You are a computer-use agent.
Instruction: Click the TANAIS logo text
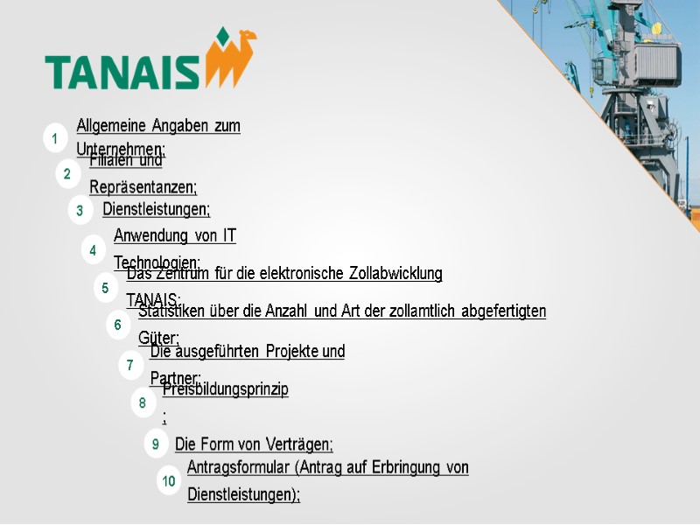click(122, 72)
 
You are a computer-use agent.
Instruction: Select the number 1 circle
click(54, 138)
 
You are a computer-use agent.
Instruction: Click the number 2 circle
click(66, 174)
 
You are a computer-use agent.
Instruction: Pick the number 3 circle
click(80, 210)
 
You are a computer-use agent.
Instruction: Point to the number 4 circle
click(93, 250)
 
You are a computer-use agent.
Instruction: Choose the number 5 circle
click(105, 288)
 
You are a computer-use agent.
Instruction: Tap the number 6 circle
click(117, 325)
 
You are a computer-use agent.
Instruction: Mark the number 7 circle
click(129, 365)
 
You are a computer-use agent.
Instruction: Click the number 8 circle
click(143, 403)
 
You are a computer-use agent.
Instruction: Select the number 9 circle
click(155, 444)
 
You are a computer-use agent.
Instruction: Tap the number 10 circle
click(169, 481)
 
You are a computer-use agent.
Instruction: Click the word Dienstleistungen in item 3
click(156, 209)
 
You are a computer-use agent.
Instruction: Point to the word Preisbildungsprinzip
click(226, 390)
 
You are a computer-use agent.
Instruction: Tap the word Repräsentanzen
click(143, 187)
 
